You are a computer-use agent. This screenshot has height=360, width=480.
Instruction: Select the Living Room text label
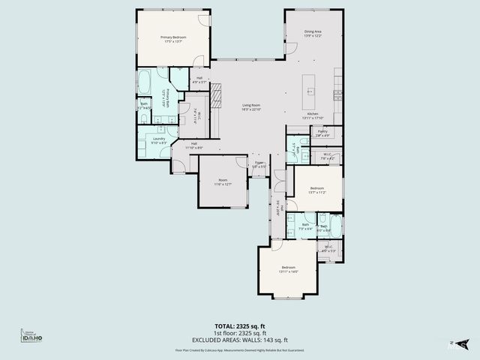coord(250,107)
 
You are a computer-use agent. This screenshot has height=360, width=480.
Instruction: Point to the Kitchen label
coord(313,115)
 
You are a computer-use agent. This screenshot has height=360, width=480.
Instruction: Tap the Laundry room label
coord(159,140)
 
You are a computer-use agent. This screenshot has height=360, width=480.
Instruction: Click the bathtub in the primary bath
coord(145,82)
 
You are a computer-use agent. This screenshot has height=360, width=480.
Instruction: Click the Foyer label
coord(259,164)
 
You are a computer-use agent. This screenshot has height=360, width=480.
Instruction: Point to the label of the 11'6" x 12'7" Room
coord(223,181)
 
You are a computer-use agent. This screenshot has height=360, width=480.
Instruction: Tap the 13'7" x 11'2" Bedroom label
coord(317,190)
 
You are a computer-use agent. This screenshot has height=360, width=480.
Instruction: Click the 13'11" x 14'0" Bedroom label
coord(289,269)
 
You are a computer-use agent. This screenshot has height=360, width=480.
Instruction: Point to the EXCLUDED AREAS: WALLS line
coord(240,340)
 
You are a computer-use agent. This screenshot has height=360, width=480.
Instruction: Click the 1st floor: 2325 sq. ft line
coord(240,334)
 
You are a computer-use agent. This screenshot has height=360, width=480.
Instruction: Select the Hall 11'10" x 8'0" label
coord(193,145)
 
